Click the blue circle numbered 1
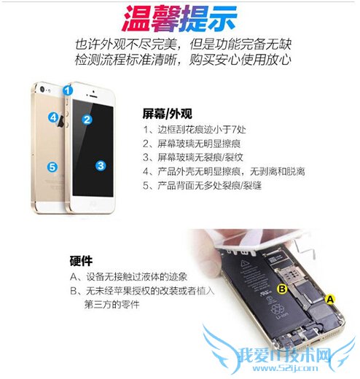[x=68, y=90]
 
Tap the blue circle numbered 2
[x=87, y=120]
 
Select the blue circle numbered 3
[x=101, y=165]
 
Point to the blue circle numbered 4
[x=53, y=117]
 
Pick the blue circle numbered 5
[x=52, y=167]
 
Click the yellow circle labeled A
[x=329, y=299]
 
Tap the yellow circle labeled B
[x=282, y=289]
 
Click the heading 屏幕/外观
[x=167, y=114]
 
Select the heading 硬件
[x=81, y=261]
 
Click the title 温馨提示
[x=179, y=19]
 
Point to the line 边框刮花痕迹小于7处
[x=202, y=130]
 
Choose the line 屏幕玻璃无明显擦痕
[x=199, y=144]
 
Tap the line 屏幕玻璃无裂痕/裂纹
[x=200, y=157]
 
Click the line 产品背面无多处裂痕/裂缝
[x=210, y=185]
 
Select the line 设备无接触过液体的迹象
[x=136, y=277]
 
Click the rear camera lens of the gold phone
[x=43, y=89]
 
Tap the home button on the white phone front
[x=93, y=203]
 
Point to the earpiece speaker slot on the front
[x=93, y=96]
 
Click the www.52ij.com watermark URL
[x=286, y=368]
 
